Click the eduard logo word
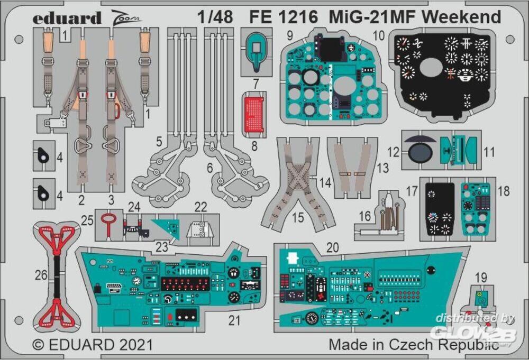click(67, 19)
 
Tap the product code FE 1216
click(284, 17)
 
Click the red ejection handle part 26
click(54, 275)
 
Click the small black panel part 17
click(440, 209)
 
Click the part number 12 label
click(393, 152)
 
